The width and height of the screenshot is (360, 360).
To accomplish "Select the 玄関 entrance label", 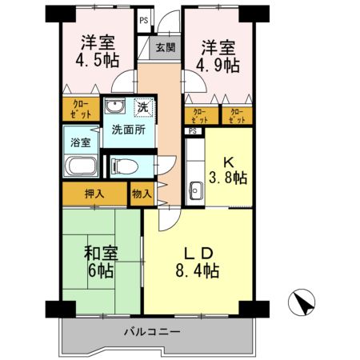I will coord(165,47).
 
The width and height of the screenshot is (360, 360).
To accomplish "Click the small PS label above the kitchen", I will coord(192,130).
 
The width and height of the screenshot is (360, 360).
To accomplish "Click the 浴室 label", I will coord(80,142).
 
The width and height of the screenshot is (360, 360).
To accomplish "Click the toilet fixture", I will coord(121,166).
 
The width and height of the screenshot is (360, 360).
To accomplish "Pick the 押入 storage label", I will coord(93,193).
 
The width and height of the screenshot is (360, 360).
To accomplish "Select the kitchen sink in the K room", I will coord(195,191).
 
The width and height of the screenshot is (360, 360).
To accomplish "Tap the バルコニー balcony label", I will coord(151,330).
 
